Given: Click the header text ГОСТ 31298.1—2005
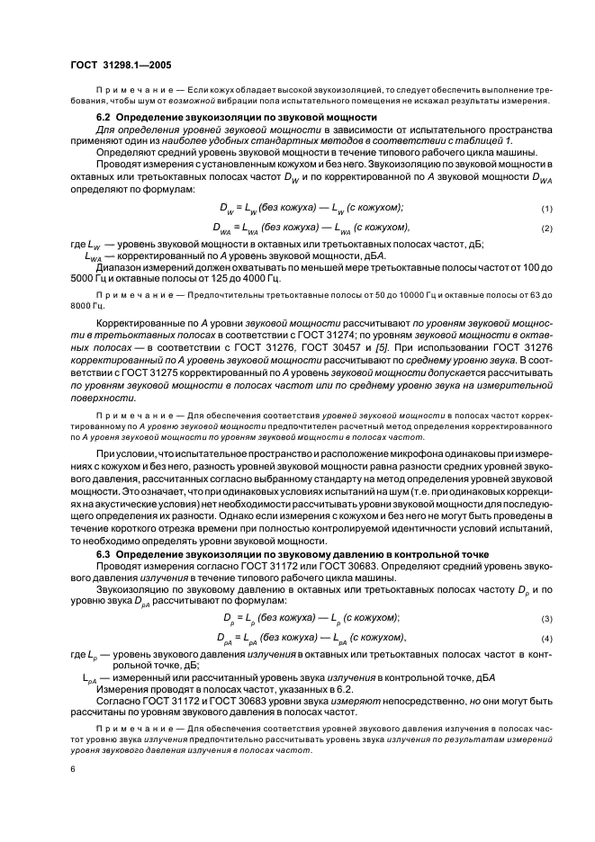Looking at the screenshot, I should pos(121,66).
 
